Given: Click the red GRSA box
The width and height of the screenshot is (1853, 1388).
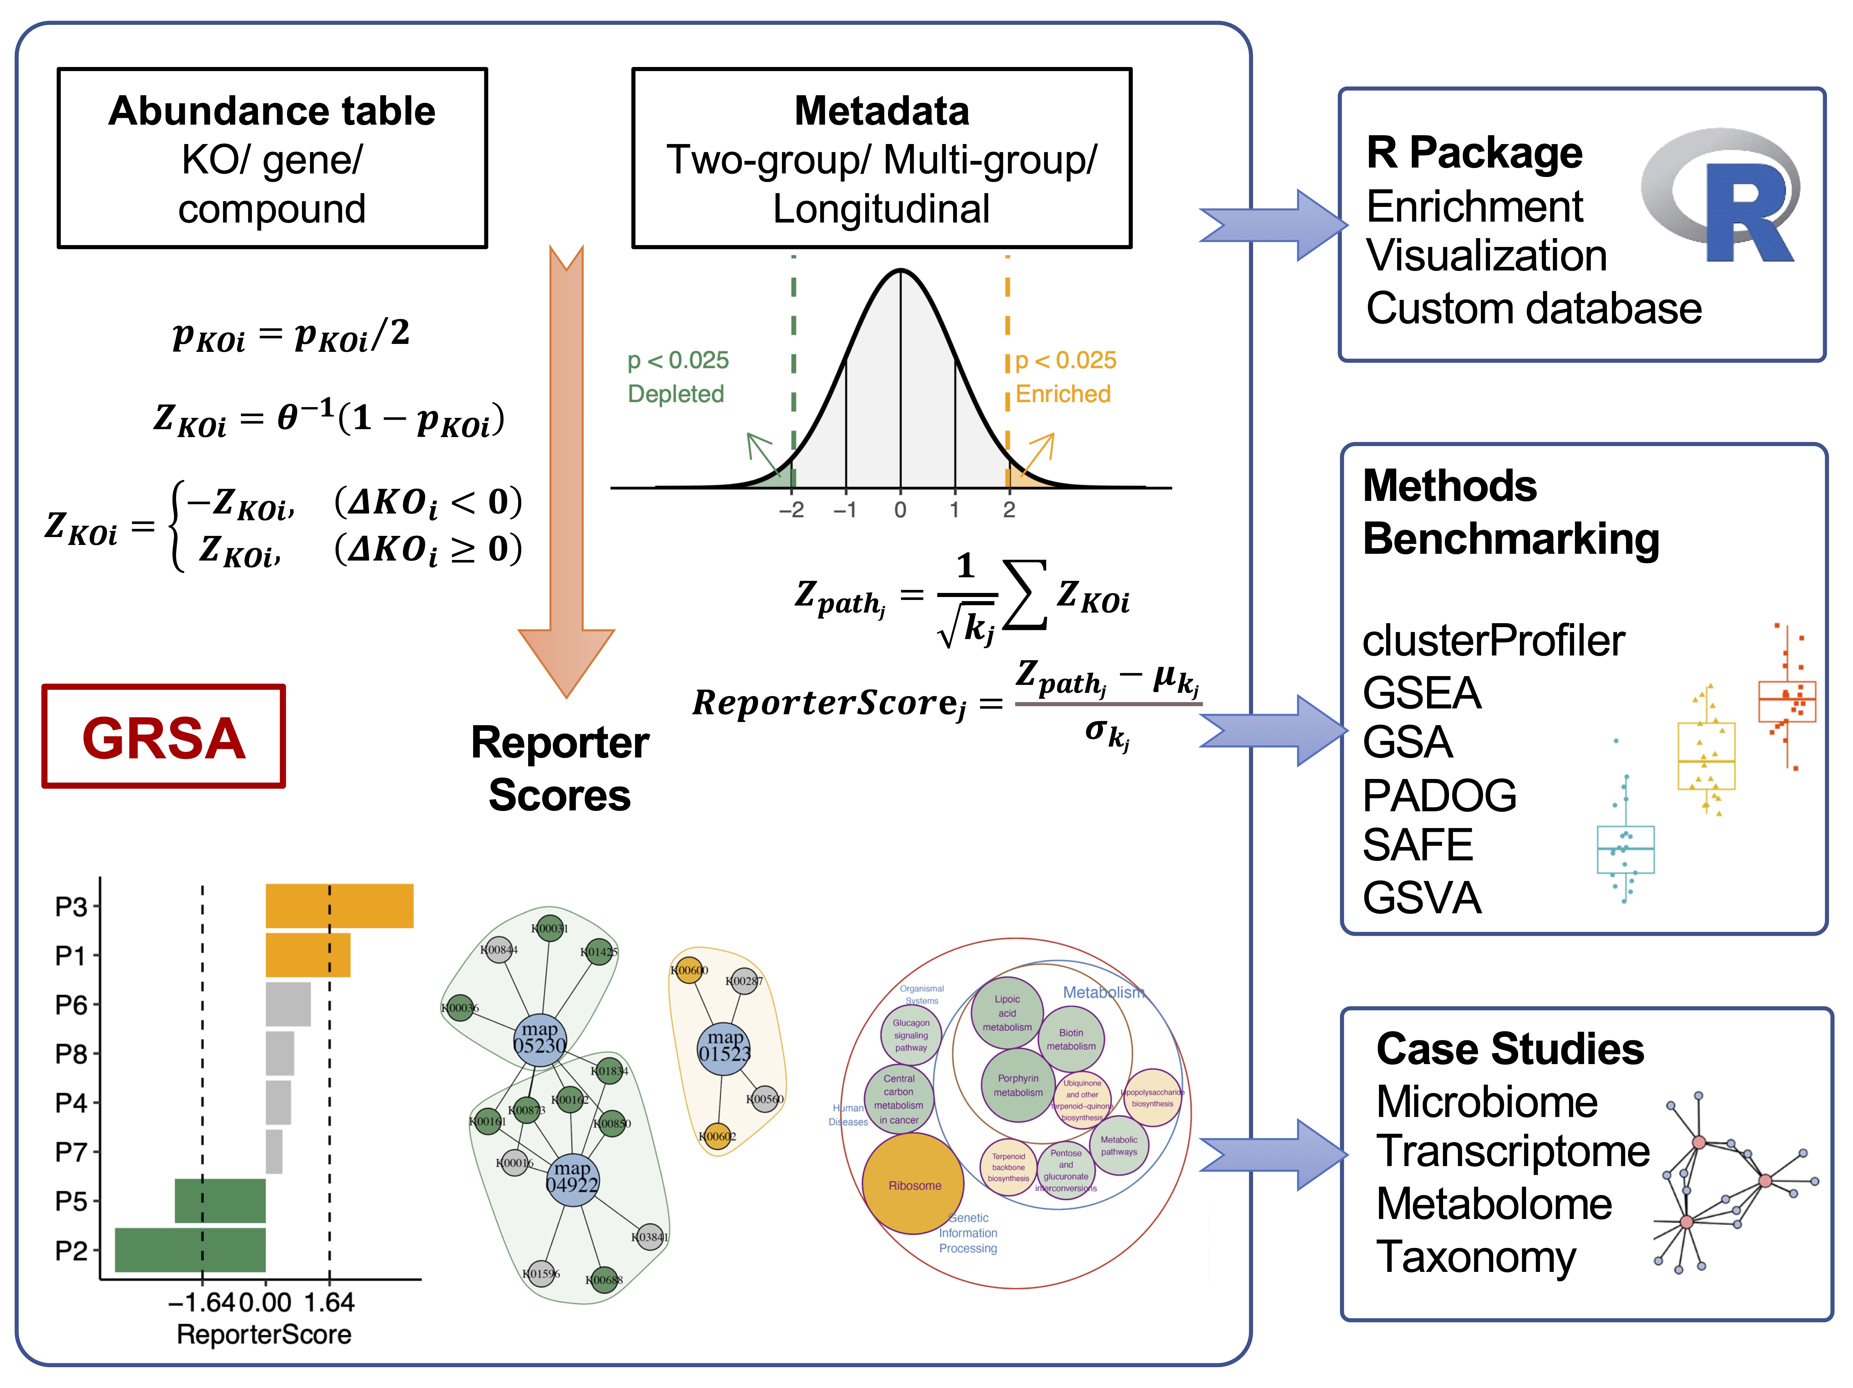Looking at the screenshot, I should tap(163, 736).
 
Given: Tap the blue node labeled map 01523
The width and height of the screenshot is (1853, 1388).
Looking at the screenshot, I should tap(724, 1046).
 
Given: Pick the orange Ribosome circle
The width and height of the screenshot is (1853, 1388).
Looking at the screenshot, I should tap(913, 1184).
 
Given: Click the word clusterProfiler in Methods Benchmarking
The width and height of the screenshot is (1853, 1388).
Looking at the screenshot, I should tap(1493, 641).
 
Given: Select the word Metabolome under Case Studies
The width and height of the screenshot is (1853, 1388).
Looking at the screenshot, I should tap(1494, 1204).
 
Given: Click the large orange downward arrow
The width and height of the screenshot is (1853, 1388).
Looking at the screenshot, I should tap(566, 469).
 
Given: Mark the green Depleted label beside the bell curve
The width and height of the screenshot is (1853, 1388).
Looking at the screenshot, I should tap(676, 394).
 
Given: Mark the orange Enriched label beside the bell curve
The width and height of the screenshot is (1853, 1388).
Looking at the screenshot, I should tap(1062, 394).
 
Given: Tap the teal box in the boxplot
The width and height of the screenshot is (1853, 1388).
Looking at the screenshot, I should tap(1625, 849).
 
